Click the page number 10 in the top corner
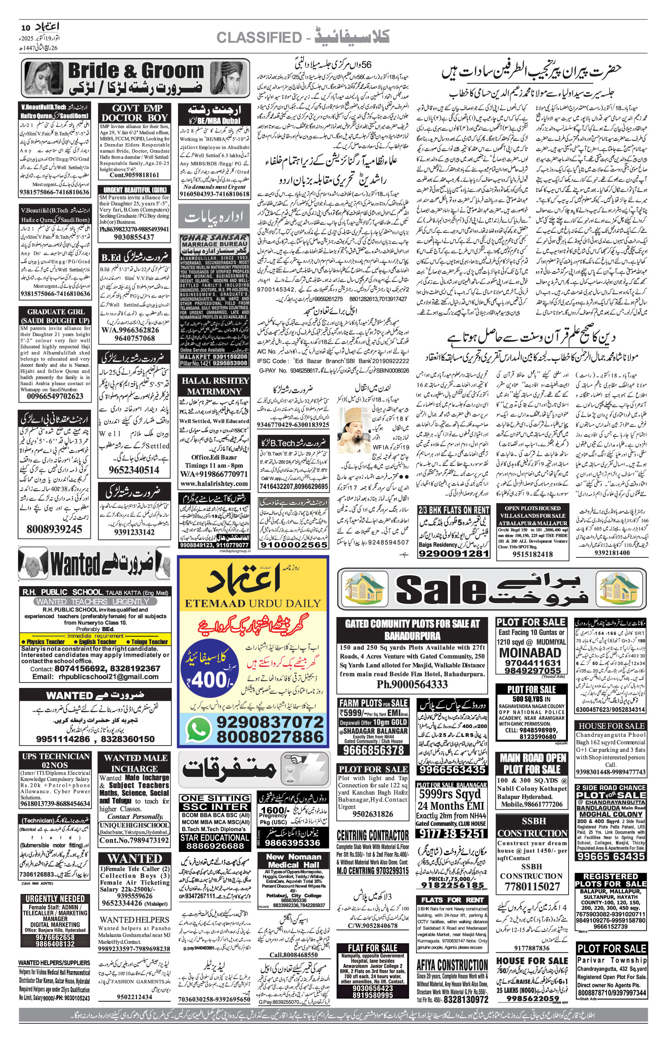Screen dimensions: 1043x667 click(25, 27)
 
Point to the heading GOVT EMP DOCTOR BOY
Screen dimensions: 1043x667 click(134, 113)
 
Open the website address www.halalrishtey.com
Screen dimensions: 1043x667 click(214, 484)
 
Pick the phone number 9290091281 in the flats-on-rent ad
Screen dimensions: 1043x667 click(454, 553)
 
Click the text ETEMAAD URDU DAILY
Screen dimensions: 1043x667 click(253, 603)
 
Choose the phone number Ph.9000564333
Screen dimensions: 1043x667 click(412, 684)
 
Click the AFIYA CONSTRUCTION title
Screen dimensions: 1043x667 click(452, 965)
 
